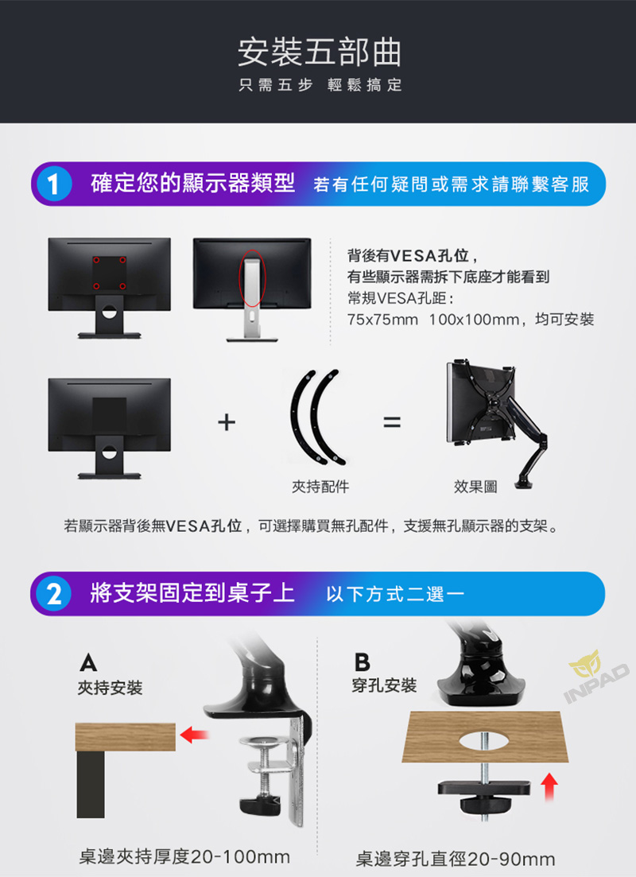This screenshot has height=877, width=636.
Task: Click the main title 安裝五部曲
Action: pos(319,52)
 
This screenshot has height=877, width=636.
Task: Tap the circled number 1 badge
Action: pos(54,184)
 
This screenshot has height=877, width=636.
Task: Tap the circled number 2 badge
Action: pos(54,594)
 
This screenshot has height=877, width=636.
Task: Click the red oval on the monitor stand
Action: pos(252,278)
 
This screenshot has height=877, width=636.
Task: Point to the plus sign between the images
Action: pos(227,422)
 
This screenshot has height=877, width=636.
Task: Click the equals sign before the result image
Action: pos(392,422)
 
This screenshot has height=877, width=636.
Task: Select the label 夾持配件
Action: pos(320,487)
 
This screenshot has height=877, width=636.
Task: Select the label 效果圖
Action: pos(475,487)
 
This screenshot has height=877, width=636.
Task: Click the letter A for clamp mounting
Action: pos(88,663)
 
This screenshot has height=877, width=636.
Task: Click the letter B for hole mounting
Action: pos(362,662)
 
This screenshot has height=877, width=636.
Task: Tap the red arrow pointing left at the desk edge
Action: pos(194,735)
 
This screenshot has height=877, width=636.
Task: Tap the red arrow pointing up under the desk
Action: pos(550,786)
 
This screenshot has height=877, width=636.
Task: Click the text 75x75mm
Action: pos(382,320)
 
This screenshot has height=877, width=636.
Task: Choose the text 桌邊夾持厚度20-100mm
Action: pos(184,856)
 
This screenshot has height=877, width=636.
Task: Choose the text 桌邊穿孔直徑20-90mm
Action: pos(456,858)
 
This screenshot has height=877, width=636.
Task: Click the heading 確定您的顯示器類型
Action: pos(192,184)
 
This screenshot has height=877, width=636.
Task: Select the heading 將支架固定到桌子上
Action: pos(192,593)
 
